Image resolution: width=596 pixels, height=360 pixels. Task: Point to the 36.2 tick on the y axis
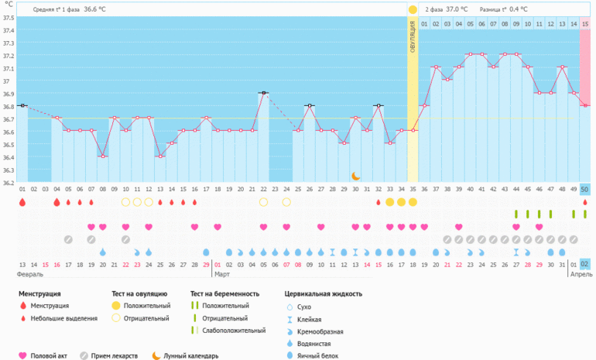8,183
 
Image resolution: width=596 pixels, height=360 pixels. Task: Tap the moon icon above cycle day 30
355,177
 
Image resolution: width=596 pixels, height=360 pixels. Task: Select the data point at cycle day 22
263,93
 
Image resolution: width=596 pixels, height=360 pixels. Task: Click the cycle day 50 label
584,189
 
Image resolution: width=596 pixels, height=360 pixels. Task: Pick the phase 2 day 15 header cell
584,24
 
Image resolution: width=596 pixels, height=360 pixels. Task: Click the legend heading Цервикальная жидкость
323,293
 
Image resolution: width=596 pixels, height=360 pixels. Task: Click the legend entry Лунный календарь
191,356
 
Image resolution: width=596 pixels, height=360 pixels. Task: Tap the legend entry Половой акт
49,356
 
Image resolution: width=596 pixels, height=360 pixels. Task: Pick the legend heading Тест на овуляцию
140,293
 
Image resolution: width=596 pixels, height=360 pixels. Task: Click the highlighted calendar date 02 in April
584,264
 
